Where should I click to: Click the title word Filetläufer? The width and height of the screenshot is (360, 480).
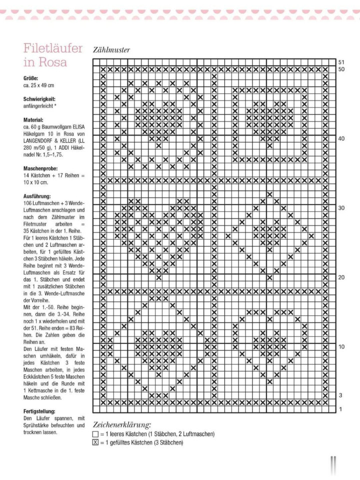[52, 49]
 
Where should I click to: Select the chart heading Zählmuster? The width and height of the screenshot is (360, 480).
[111, 50]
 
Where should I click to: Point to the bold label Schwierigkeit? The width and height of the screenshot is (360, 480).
[39, 99]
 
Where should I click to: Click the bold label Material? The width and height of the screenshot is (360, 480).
[33, 120]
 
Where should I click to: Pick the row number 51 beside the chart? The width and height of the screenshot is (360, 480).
[341, 62]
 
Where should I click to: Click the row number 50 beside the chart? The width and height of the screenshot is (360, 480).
[341, 69]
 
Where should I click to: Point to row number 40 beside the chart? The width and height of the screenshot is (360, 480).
[341, 139]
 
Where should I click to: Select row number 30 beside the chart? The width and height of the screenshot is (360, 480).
[341, 208]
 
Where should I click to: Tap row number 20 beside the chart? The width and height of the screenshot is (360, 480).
[341, 277]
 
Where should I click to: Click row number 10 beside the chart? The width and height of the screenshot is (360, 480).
[341, 347]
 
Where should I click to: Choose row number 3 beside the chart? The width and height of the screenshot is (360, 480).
[340, 395]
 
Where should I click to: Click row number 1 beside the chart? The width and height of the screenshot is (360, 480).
[340, 409]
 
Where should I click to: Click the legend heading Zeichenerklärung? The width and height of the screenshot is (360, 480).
[122, 425]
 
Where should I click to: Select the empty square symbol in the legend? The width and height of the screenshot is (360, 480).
[95, 434]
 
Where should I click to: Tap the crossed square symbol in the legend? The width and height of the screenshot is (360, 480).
[95, 442]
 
